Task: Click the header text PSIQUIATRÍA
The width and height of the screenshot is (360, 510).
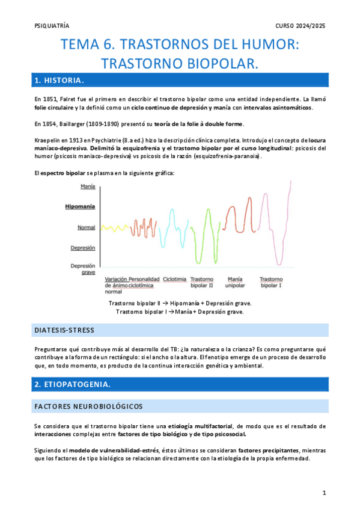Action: [x=52, y=26]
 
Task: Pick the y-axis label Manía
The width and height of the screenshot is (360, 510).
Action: [x=88, y=187]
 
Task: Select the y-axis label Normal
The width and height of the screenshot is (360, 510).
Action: [x=86, y=227]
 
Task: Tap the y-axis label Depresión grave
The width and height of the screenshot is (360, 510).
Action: [x=83, y=269]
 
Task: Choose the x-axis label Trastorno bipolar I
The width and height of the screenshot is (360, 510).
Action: [x=271, y=282]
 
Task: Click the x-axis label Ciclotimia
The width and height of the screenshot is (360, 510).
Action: [x=174, y=279]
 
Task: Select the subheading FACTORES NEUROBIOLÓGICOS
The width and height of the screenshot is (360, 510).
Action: [x=88, y=407]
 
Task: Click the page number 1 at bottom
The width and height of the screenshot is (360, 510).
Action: [x=324, y=493]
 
